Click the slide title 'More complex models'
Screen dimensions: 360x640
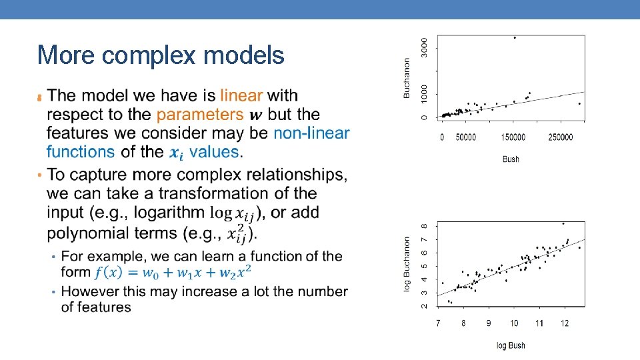tap(161, 55)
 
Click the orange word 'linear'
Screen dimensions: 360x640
tap(241, 96)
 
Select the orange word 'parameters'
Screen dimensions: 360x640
tap(200, 115)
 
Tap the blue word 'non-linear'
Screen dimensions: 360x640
tap(311, 133)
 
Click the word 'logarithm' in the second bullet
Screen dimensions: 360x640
tap(169, 213)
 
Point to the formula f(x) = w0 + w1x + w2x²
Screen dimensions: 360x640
tap(173, 273)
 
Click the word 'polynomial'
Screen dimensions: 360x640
tap(87, 233)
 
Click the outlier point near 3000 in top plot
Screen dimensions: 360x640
tap(515, 37)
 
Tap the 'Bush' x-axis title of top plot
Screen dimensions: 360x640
tap(511, 159)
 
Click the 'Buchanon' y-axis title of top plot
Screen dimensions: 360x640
tap(407, 79)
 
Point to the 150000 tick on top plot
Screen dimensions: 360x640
tap(513, 137)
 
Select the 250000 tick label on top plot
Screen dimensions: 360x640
tap(561, 137)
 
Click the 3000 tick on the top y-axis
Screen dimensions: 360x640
tap(425, 46)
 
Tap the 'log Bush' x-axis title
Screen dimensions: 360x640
tap(511, 345)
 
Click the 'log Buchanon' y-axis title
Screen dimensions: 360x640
tap(407, 264)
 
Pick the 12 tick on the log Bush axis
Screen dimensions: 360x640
tap(564, 323)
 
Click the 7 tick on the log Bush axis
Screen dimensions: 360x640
tap(438, 323)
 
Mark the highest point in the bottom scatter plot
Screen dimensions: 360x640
tap(563, 223)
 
